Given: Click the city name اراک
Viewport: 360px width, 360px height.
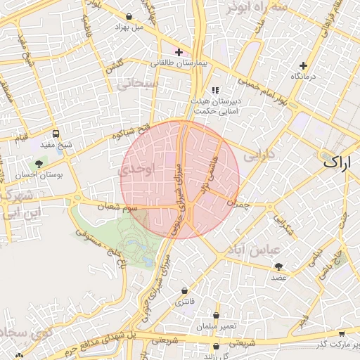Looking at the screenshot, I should [339, 162].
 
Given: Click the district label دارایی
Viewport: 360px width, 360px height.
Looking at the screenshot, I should [257, 156].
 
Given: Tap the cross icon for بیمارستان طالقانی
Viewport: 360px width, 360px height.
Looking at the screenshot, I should [179, 52].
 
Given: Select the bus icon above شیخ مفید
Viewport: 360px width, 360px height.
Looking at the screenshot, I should [56, 134].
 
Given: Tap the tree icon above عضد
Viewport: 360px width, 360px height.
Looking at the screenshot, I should [279, 267].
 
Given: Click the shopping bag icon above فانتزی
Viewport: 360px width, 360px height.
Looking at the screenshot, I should [185, 290].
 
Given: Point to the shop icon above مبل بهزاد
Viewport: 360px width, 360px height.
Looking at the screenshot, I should [129, 16].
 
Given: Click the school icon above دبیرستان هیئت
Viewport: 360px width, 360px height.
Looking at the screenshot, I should [214, 90].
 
